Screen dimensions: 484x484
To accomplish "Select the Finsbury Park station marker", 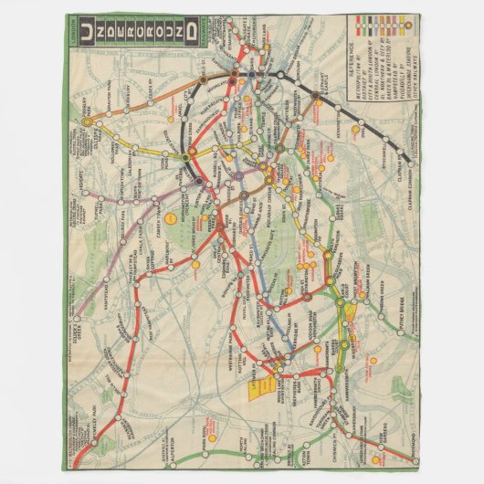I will click(87, 121).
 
